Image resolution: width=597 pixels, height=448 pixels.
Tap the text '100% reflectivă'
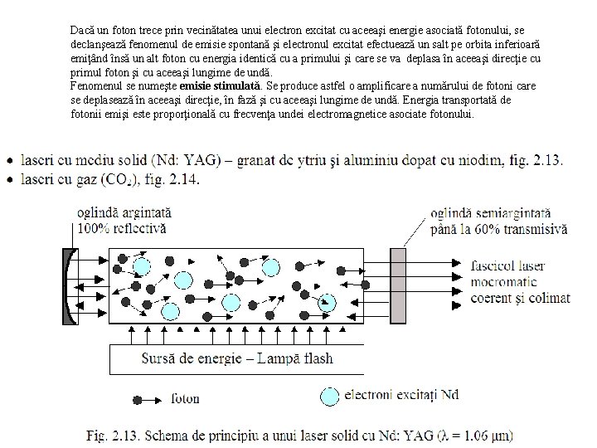121,227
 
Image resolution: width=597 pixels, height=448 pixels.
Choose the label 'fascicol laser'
507,266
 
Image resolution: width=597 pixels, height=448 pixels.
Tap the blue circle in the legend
330,397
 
